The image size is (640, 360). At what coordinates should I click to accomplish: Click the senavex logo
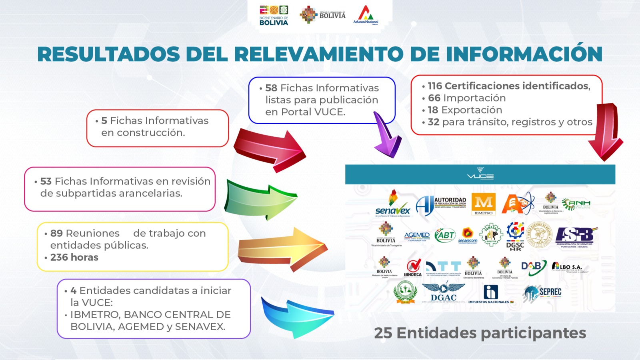coord(393,204)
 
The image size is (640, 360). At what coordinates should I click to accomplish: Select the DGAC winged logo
coord(444,292)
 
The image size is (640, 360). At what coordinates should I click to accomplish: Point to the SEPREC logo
coord(543,293)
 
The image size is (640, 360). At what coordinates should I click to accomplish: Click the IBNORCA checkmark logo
coord(413,268)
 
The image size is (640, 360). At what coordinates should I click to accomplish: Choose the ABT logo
coord(445,235)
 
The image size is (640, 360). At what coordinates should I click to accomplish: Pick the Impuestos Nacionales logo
coord(490,294)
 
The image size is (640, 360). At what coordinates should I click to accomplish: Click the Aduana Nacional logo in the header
coord(365,15)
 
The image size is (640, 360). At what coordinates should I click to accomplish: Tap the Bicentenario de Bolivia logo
coord(274,16)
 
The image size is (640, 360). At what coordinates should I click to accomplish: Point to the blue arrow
coord(296,316)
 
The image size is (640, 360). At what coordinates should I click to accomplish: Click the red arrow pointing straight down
coord(605,132)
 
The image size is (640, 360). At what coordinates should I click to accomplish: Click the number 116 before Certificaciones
coord(435,86)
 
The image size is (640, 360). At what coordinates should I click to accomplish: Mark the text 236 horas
coord(74,257)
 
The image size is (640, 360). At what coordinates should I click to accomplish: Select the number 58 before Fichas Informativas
coord(271,88)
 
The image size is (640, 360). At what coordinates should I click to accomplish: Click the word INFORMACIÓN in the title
coord(524,54)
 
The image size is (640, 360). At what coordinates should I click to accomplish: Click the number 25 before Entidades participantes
coord(383,333)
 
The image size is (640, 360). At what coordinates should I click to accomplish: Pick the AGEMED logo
coord(417,236)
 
